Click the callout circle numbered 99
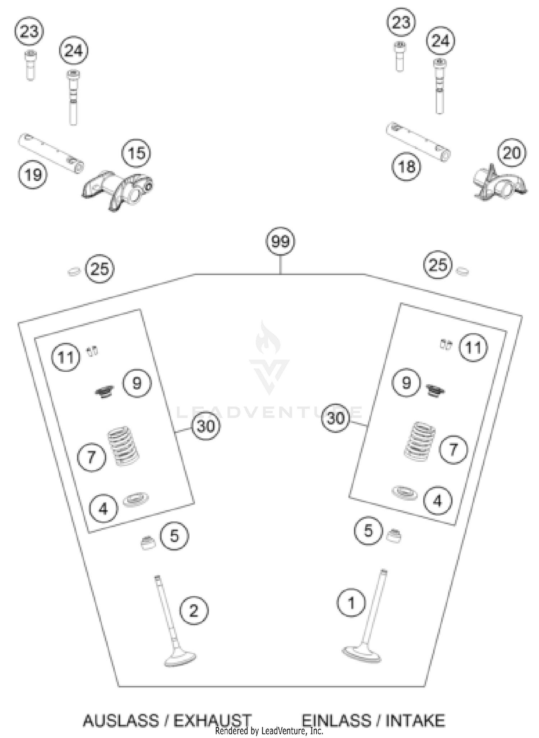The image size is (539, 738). pyautogui.click(x=280, y=241)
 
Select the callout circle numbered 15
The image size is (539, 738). pyautogui.click(x=136, y=153)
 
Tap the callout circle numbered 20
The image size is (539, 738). pyautogui.click(x=512, y=153)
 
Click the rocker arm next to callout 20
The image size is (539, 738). pyautogui.click(x=499, y=183)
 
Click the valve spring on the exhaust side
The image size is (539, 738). pyautogui.click(x=124, y=446)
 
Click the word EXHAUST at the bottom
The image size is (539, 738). pyautogui.click(x=212, y=720)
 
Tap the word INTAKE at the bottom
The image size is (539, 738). pyautogui.click(x=415, y=720)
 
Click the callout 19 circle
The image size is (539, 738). pyautogui.click(x=33, y=175)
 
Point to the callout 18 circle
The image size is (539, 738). pyautogui.click(x=406, y=167)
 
